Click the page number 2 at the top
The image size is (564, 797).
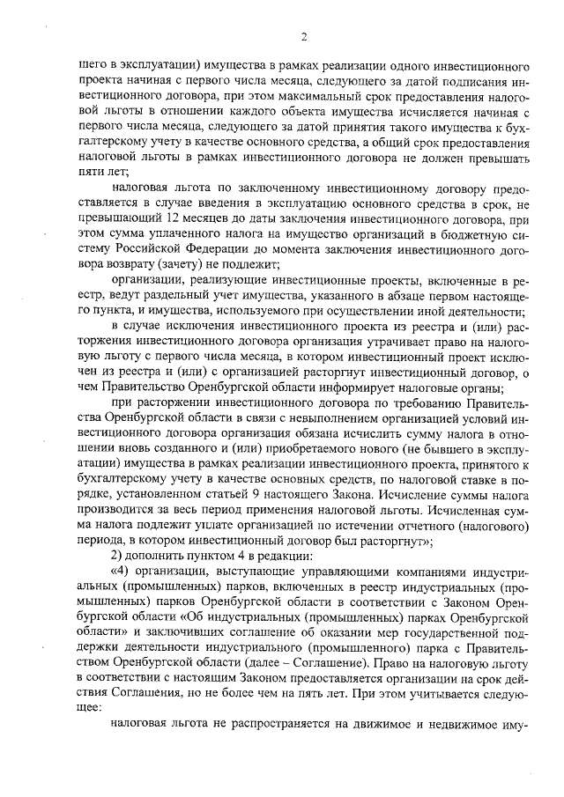[x=303, y=36]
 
